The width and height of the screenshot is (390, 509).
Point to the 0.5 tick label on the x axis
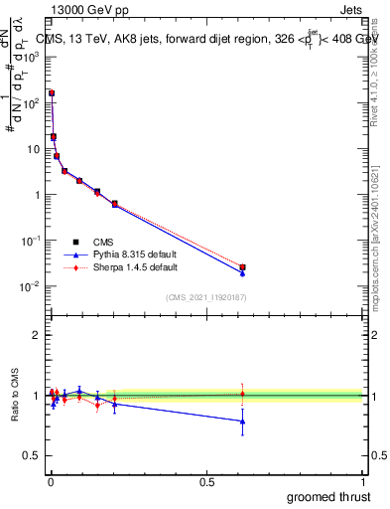tap(206, 482)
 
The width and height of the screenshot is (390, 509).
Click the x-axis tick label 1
tap(363, 482)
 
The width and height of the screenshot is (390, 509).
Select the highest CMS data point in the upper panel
tap(52, 92)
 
